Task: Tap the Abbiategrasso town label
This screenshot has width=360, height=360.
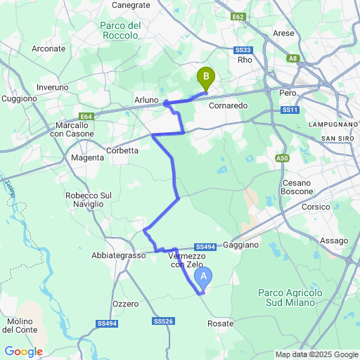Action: coord(118,256)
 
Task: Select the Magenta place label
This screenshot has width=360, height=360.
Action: coord(87,158)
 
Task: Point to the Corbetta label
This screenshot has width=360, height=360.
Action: coord(122,149)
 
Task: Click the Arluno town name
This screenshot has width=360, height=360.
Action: coord(146,101)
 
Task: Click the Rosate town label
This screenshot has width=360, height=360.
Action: coord(221,323)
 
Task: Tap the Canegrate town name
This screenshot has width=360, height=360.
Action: coord(131,4)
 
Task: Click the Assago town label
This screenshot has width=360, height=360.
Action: coord(333,240)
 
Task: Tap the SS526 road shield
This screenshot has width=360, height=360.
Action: coord(162,321)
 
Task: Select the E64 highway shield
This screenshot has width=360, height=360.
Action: coord(86,116)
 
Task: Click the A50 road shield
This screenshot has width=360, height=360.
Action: coord(283,159)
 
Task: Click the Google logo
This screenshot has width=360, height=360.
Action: coord(23,351)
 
